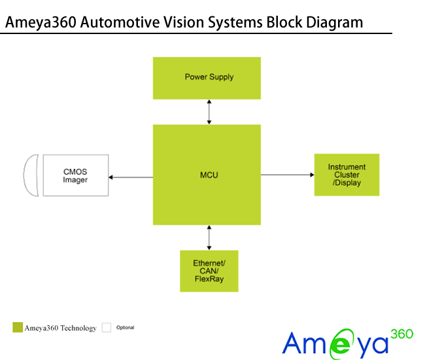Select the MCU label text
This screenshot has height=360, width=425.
tap(209, 175)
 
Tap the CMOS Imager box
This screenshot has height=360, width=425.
tap(76, 176)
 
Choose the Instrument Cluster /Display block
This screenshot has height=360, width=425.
tap(347, 175)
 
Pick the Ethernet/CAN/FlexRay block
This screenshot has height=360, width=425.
tap(209, 271)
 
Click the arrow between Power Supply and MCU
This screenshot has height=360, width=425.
tap(209, 112)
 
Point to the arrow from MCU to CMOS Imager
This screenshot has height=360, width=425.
tap(131, 177)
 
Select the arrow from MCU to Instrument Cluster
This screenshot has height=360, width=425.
tap(288, 175)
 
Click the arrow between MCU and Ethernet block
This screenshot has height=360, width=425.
tap(209, 238)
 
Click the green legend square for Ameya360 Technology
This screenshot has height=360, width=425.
tap(18, 327)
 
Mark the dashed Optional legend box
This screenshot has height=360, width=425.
tap(107, 327)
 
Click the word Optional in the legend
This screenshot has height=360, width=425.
tap(126, 327)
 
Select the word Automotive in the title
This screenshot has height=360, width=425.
tap(120, 23)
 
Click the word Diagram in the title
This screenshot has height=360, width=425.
tap(331, 23)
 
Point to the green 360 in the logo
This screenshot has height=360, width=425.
tap(401, 334)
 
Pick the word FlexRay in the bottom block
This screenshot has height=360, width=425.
tap(209, 279)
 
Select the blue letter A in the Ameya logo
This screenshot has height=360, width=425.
tap(294, 343)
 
